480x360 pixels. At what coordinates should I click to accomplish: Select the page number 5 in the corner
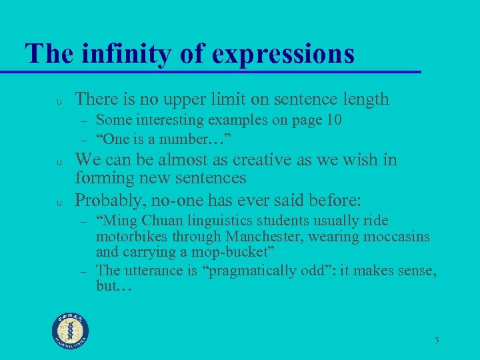coord(437,341)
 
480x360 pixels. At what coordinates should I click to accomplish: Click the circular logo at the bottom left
coord(71,331)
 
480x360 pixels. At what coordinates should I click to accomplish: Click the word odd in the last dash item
coord(321,270)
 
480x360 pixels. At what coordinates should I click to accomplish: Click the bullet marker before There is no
coord(59,101)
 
